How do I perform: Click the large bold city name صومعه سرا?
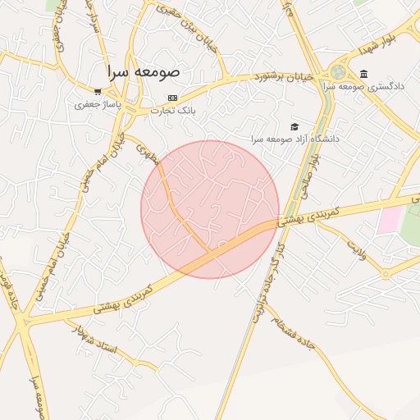(x=146, y=72)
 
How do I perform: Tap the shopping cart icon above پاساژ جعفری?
(x=98, y=92)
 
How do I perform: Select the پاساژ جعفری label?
(x=98, y=104)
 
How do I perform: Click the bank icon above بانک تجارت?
(x=171, y=98)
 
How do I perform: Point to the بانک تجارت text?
(x=171, y=110)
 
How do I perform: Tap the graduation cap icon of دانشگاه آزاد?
(x=294, y=126)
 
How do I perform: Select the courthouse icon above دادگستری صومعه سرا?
(x=363, y=74)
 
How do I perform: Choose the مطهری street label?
(x=146, y=152)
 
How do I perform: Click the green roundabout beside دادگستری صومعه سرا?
(x=339, y=72)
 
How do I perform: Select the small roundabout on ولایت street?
(x=385, y=274)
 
